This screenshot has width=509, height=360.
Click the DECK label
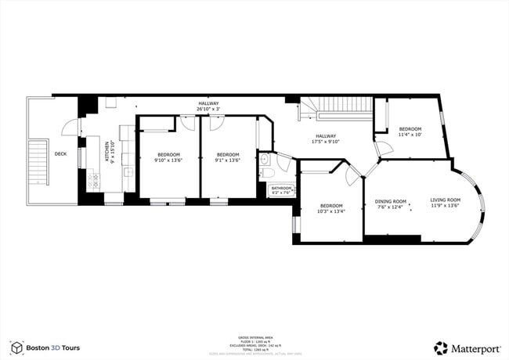pyautogui.click(x=60, y=153)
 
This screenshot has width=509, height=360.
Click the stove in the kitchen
pyautogui.click(x=93, y=182)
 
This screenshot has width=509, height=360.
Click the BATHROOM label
pyautogui.click(x=281, y=188)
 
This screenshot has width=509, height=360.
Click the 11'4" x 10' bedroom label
pyautogui.click(x=410, y=135)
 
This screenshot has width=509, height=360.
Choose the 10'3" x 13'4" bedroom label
pyautogui.click(x=330, y=211)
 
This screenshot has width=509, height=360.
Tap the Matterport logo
pyautogui.click(x=467, y=347)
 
